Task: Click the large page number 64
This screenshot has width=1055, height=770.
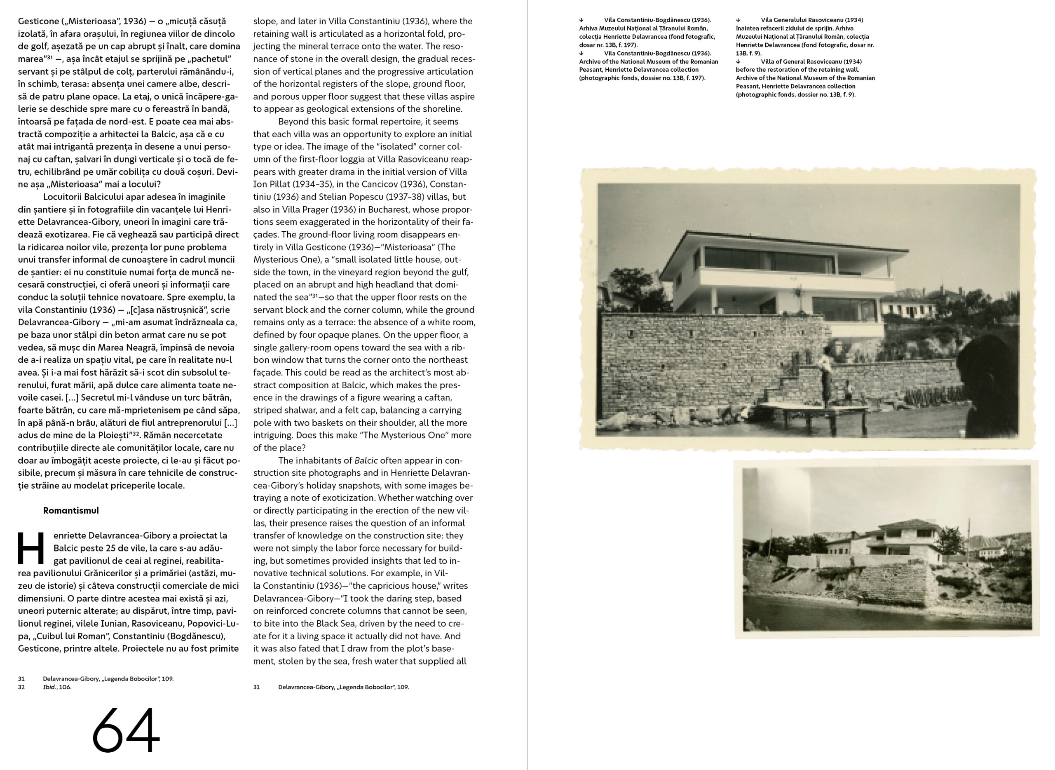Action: coord(126,730)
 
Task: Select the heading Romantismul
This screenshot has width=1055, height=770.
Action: coord(71,510)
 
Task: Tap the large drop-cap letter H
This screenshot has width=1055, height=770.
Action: coord(31,548)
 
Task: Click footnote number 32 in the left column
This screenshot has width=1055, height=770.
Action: coord(21,687)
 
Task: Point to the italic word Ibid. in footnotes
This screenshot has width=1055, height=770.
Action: coord(50,687)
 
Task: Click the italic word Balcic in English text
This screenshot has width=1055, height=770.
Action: coord(366,460)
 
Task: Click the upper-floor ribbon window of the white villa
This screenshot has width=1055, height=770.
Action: coord(769,260)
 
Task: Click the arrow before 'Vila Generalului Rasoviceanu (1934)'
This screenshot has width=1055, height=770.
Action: coord(738,20)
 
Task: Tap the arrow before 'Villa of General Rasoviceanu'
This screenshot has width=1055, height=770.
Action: coord(738,61)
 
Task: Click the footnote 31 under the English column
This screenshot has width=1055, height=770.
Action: coord(256,687)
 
